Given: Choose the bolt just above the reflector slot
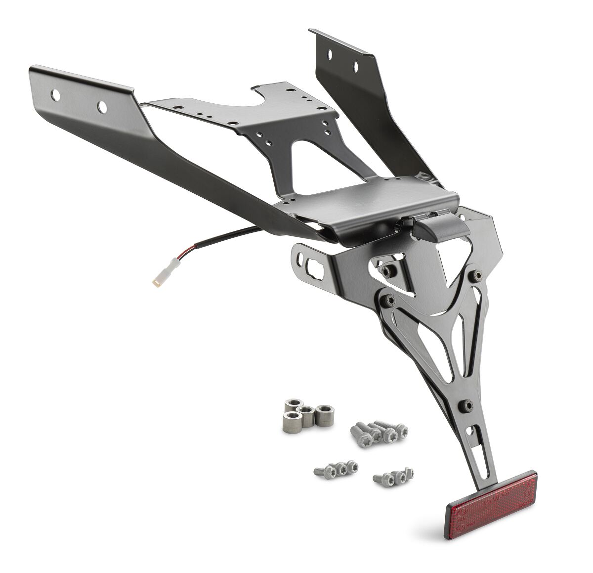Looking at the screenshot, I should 466,405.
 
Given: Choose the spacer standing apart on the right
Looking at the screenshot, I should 324,415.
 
